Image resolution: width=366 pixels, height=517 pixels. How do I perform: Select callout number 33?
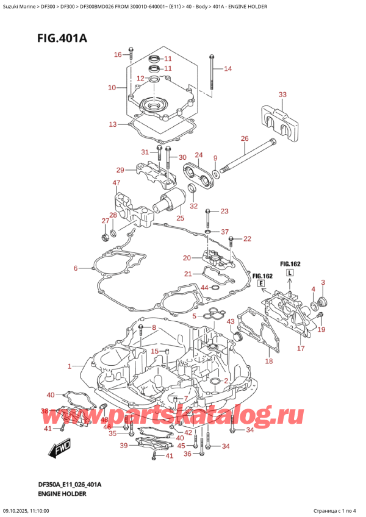click(282, 94)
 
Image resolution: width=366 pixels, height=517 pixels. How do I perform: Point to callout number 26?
click(245, 139)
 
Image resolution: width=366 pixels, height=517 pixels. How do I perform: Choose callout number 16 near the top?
click(118, 55)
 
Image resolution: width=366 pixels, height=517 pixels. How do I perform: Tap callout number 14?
click(228, 69)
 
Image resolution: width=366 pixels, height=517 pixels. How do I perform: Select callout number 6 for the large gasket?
click(76, 268)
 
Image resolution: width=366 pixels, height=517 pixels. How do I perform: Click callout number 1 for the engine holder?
click(70, 366)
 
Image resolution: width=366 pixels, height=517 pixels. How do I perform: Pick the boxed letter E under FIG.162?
click(260, 284)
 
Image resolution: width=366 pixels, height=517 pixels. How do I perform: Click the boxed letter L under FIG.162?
click(290, 272)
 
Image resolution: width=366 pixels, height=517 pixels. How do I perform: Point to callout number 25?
click(179, 218)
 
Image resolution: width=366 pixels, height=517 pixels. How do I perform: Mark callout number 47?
click(116, 183)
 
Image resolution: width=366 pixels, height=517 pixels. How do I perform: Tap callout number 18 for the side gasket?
click(270, 361)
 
